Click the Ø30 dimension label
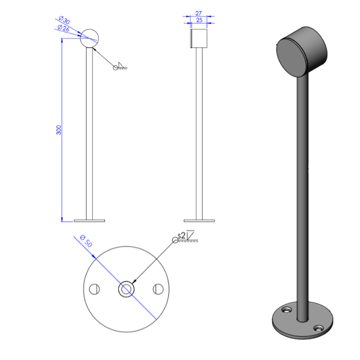[x=64, y=20]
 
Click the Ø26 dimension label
[x=63, y=28]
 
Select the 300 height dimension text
[x=59, y=130]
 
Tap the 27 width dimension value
[x=199, y=13]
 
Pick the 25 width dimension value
[x=200, y=20]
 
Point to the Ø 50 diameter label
[x=86, y=241]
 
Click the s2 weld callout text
[x=182, y=236]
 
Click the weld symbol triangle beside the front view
[x=121, y=65]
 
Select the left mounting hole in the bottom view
[x=94, y=289]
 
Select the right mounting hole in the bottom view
[x=158, y=289]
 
